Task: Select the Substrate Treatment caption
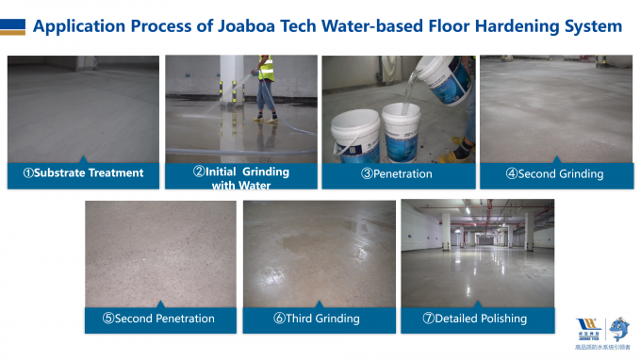click(84, 173)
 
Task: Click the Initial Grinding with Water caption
click(241, 178)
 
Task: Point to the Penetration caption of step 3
click(397, 174)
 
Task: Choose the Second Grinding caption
click(554, 174)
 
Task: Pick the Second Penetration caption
click(158, 319)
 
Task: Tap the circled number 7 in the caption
click(428, 319)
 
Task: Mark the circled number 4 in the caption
click(511, 174)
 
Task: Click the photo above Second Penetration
click(158, 253)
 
